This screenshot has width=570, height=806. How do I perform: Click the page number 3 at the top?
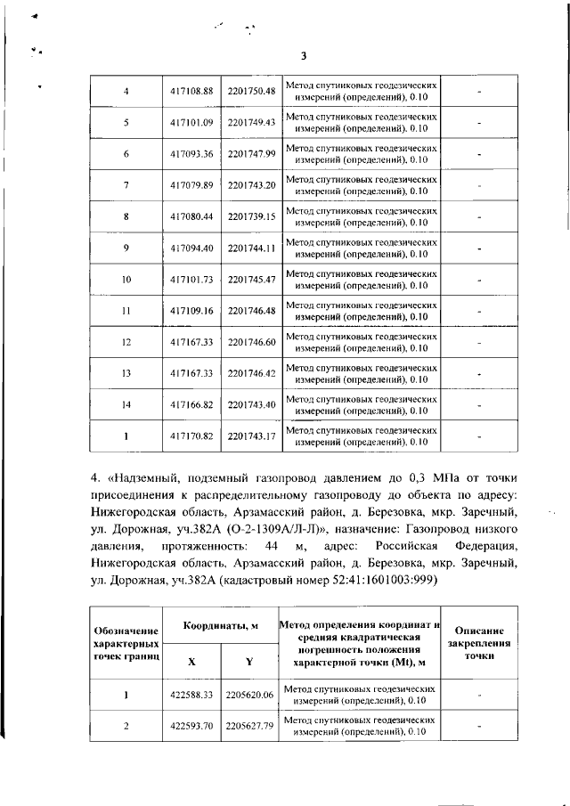(303, 56)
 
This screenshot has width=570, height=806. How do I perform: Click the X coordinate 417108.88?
(192, 91)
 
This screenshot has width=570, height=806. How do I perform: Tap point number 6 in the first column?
(126, 153)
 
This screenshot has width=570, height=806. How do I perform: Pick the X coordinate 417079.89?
(192, 184)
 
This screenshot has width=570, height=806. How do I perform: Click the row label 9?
(126, 248)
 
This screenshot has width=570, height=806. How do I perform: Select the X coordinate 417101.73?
(192, 280)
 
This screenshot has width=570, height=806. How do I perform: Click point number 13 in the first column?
(126, 373)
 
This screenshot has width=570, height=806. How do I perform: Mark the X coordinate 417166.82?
(192, 405)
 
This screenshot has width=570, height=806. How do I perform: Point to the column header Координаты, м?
(221, 627)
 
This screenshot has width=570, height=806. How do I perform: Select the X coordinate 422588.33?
(192, 695)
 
